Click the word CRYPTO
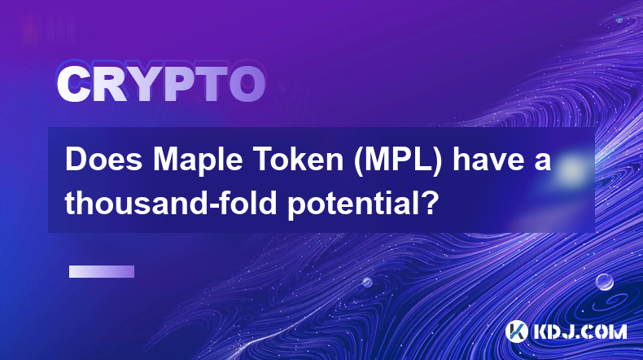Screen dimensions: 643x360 (161, 84)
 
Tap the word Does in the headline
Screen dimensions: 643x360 (104, 160)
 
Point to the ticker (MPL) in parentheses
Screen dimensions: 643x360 (398, 161)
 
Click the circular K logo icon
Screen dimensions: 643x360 (516, 331)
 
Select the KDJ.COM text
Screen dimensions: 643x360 (580, 331)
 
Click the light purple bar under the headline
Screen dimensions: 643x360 (102, 272)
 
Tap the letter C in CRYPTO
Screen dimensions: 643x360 (73, 85)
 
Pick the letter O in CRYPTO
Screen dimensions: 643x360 (247, 85)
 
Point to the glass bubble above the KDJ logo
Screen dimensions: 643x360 (605, 282)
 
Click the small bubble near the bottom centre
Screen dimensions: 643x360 (367, 282)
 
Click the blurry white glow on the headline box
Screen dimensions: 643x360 (571, 169)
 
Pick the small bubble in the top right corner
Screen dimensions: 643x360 (619, 19)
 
